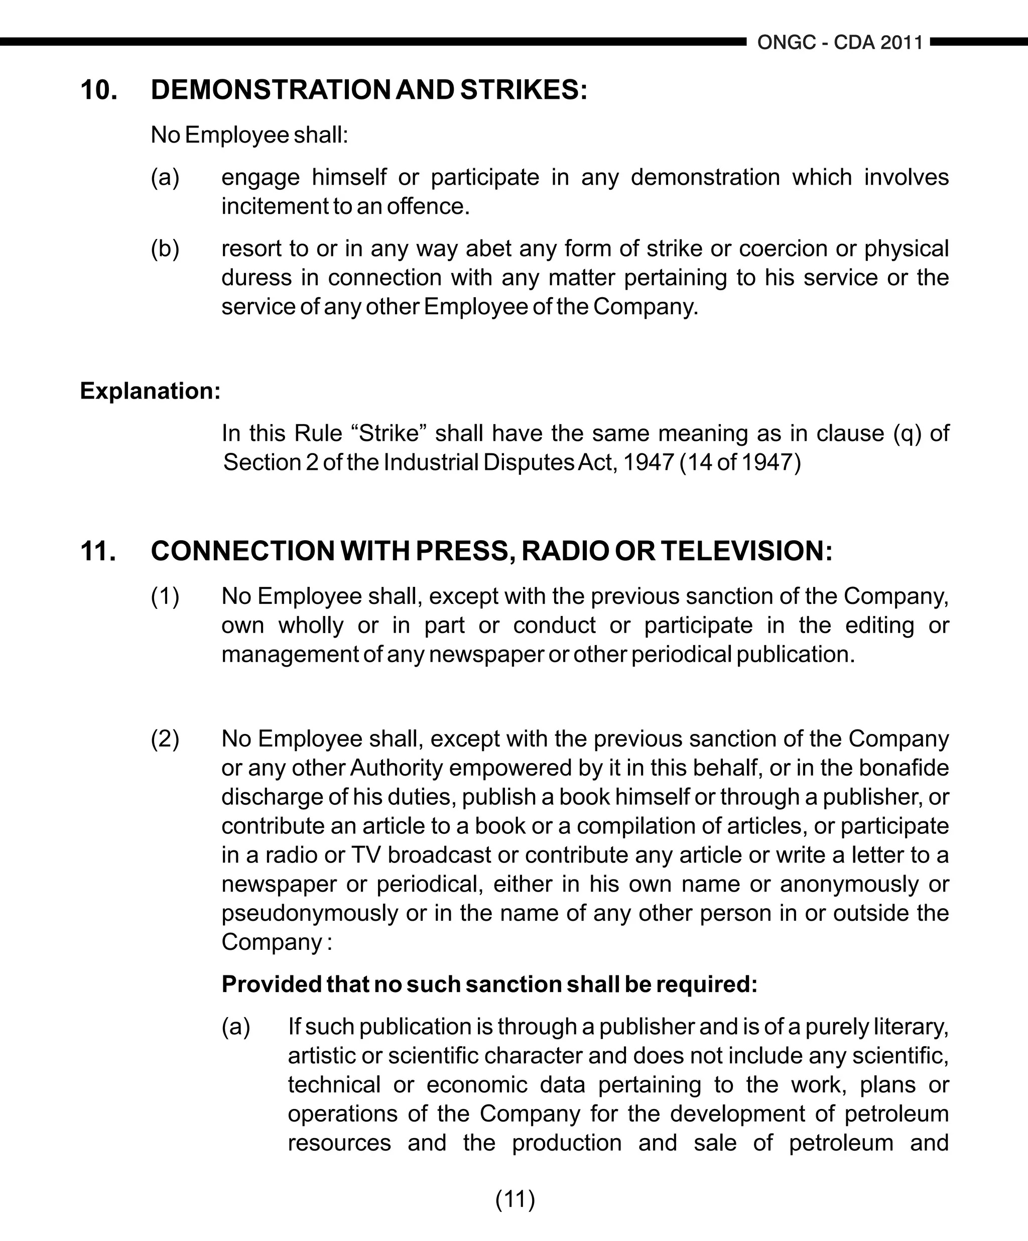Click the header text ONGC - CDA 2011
point(840,43)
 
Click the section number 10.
point(99,90)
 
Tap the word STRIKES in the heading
point(524,90)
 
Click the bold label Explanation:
point(150,391)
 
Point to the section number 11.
point(98,551)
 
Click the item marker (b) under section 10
point(165,249)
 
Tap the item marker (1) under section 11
point(165,596)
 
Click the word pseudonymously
point(310,913)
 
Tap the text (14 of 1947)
point(740,462)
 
